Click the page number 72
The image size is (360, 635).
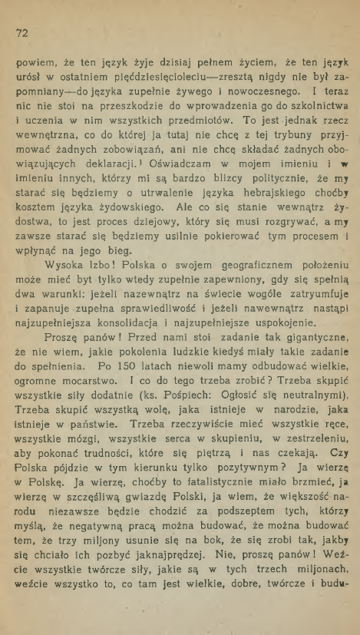21,33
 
